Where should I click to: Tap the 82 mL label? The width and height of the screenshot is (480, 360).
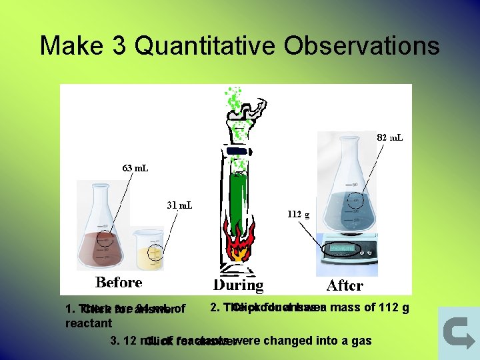(x=389, y=137)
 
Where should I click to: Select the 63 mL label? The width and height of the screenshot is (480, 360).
(x=135, y=167)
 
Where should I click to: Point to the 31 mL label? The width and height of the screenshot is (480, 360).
(x=179, y=205)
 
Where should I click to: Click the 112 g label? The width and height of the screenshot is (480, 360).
(x=298, y=214)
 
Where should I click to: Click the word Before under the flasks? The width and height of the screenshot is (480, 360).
(x=119, y=282)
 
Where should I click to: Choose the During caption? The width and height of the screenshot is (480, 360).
(x=238, y=285)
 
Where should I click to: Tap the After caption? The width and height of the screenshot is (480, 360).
(x=345, y=285)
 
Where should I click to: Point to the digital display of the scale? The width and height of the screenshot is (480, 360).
(x=340, y=249)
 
